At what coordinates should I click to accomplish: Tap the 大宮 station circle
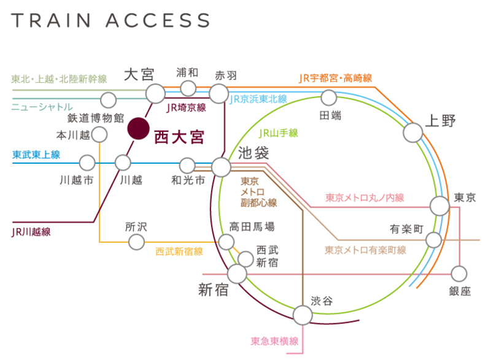coord(155,93)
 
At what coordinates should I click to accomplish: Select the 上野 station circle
coord(413,132)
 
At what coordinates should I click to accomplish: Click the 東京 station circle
coord(439,205)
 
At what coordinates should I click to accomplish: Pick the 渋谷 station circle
coord(302,315)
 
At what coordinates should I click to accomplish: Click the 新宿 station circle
coord(237,274)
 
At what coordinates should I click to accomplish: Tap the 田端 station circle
coord(329,97)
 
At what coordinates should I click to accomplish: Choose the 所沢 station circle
coord(136,242)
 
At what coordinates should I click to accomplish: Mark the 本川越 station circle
coord(99,134)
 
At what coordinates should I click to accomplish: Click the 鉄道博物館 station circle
coord(109,99)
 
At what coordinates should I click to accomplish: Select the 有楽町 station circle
coord(434,240)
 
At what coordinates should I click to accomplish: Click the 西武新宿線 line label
coord(179,251)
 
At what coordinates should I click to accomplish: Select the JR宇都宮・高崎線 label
coord(335,78)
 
